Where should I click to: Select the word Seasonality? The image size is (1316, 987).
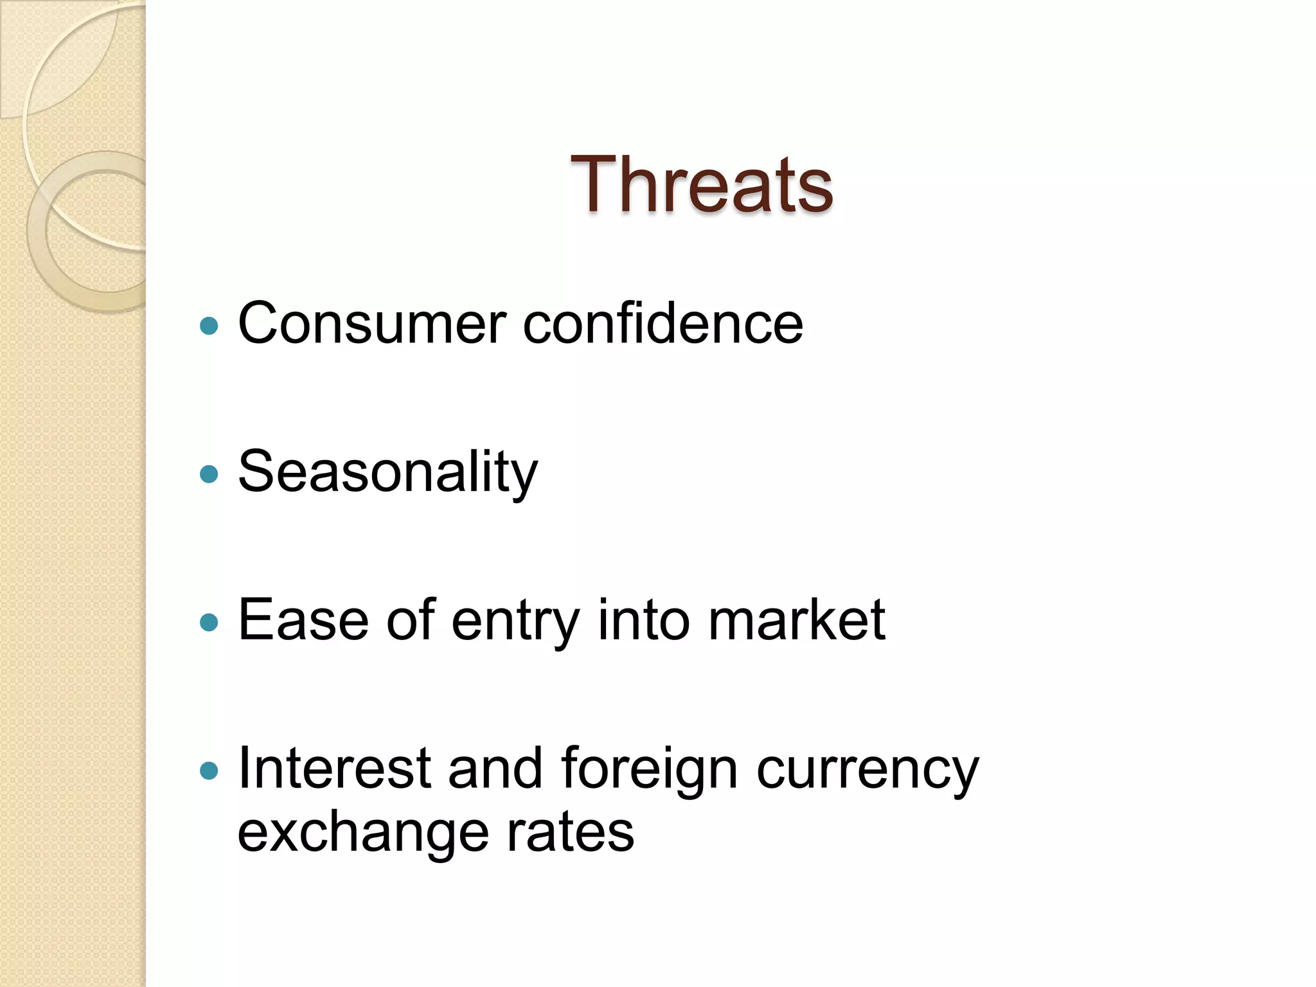pos(387,473)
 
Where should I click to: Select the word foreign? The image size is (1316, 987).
pos(649,770)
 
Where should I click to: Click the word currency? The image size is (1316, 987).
pos(867,770)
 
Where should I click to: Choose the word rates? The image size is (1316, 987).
pos(570,834)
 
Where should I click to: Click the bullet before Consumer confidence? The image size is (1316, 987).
pos(209,326)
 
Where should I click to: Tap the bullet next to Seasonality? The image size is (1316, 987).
pos(209,474)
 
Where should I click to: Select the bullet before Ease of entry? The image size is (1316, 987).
pos(209,622)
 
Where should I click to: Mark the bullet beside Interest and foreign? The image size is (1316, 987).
pos(209,770)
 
